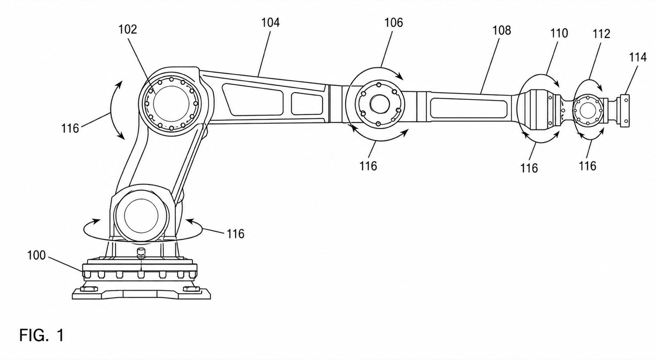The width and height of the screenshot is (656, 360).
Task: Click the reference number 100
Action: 36,255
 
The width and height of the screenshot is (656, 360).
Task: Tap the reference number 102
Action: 128,29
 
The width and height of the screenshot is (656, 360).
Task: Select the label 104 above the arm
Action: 270,23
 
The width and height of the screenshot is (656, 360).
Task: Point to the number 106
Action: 394,23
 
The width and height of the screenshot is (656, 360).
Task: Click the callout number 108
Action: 502,30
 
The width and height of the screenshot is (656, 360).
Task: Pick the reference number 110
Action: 559,33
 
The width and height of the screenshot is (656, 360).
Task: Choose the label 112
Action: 601,34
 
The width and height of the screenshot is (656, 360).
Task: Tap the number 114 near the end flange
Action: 638,57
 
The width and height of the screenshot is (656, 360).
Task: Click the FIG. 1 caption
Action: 41,335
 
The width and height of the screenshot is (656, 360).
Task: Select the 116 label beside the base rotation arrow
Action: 235,234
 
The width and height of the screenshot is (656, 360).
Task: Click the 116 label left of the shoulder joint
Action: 70,128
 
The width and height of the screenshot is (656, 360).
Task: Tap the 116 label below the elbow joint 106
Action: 368,166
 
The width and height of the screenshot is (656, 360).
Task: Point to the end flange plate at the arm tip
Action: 625,111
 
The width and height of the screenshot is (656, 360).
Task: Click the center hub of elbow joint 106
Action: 380,104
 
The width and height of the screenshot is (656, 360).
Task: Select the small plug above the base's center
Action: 141,251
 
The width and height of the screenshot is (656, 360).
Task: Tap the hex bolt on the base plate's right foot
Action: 191,289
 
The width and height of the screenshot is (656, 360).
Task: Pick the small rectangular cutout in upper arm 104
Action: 307,104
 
